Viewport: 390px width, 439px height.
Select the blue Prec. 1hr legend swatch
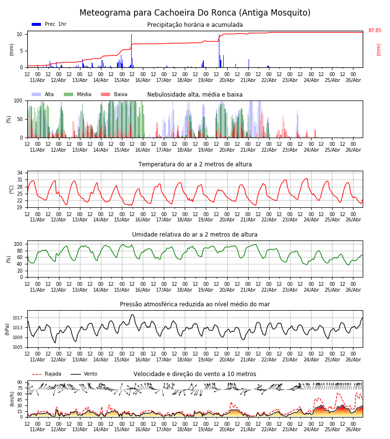tap(37, 24)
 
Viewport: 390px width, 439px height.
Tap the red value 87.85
tap(374, 31)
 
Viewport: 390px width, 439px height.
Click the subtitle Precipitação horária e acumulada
tap(195, 25)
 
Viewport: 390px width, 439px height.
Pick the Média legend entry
tap(78, 94)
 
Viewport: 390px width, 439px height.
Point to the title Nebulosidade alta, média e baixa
tap(195, 95)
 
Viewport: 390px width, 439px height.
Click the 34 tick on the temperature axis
tap(19, 173)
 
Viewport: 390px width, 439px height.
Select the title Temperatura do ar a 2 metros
tap(195, 164)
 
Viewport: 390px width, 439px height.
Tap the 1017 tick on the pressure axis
tap(18, 318)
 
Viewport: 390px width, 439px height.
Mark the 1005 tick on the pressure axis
tap(18, 347)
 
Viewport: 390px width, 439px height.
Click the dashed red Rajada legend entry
tap(46, 374)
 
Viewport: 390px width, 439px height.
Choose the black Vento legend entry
tap(84, 374)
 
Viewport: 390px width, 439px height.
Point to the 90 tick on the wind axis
tap(19, 382)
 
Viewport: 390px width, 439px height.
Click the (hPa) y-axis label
tap(7, 329)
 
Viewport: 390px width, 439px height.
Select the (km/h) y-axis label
tap(12, 399)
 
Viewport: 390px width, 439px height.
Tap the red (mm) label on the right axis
tap(378, 50)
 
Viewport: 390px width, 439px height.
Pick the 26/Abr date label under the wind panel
tap(353, 429)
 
